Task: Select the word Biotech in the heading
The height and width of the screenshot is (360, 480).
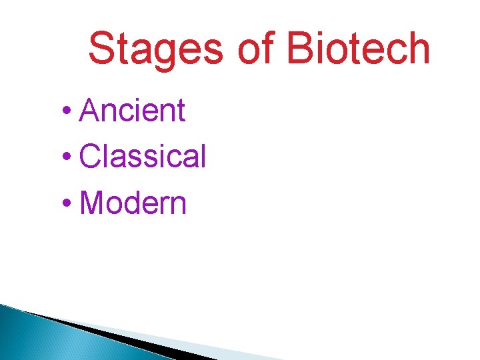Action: [358, 49]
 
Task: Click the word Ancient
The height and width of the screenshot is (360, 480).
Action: [132, 111]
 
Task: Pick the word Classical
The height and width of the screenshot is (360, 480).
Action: [143, 157]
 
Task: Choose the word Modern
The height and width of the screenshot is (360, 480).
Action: [133, 203]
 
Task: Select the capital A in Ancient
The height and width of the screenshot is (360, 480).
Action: [89, 111]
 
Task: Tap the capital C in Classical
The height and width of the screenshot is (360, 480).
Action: [90, 157]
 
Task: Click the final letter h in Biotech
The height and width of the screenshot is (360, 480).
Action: [418, 49]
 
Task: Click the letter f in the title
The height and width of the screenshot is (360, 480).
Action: [268, 49]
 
